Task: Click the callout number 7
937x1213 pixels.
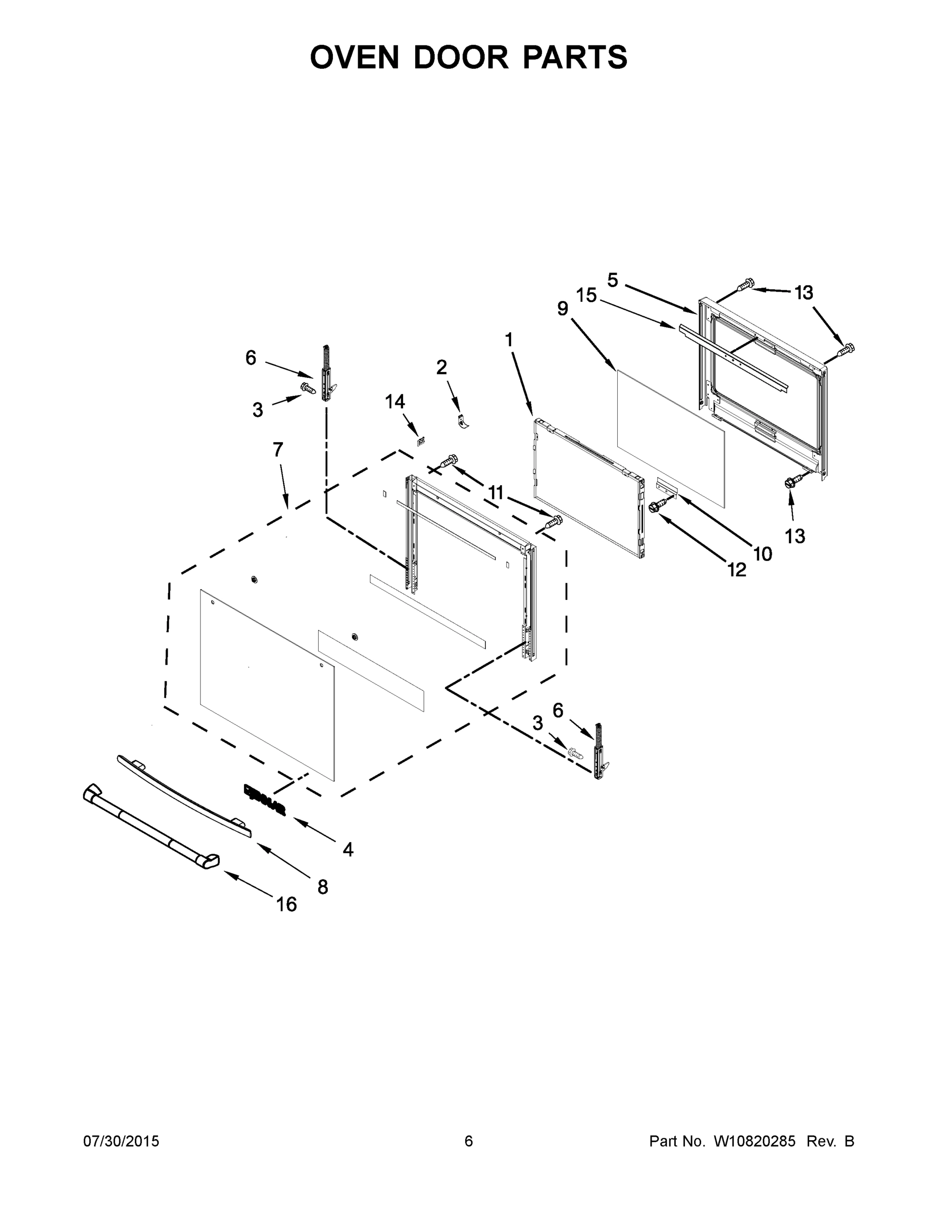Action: coord(277,450)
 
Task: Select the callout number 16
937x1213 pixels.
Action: coord(286,905)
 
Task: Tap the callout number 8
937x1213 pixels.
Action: coord(322,887)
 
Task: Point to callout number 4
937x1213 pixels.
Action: coord(348,849)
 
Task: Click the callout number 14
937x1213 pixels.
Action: coord(395,402)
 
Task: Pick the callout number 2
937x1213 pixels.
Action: coord(442,367)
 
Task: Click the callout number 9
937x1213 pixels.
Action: coord(563,309)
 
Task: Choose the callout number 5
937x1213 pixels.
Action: coord(612,280)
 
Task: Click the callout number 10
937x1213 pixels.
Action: coord(763,553)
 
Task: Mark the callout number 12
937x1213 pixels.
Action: coord(736,570)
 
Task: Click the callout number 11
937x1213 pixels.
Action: coord(496,493)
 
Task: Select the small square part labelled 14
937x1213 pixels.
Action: coord(421,442)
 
